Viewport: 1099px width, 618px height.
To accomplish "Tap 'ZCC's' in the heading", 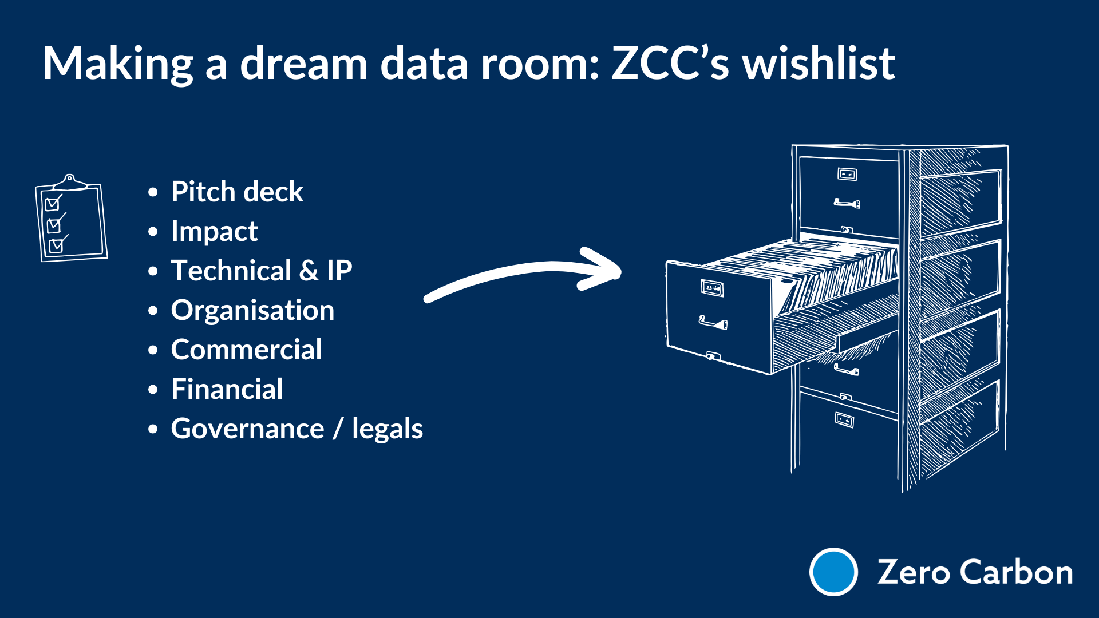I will pyautogui.click(x=670, y=63).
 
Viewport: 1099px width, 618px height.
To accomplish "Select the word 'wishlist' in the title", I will pyautogui.click(x=819, y=63).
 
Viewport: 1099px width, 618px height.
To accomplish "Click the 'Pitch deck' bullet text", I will pyautogui.click(x=237, y=192).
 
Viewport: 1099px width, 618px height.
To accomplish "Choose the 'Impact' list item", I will pyautogui.click(x=214, y=232).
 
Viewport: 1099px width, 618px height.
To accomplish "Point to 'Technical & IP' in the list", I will pyautogui.click(x=262, y=271).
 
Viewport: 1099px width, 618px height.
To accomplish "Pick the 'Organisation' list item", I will pyautogui.click(x=252, y=311).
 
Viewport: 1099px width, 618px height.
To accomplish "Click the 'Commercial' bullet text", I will pyautogui.click(x=246, y=350).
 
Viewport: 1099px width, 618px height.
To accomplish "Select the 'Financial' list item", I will pyautogui.click(x=227, y=390).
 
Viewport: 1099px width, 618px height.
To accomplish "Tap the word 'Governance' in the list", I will pyautogui.click(x=247, y=429).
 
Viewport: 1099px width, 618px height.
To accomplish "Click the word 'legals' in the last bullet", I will pyautogui.click(x=388, y=429).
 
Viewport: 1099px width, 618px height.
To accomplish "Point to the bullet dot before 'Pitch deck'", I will pyautogui.click(x=153, y=193).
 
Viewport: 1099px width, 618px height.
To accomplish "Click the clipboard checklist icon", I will pyautogui.click(x=71, y=219).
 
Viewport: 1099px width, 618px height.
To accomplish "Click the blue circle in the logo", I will pyautogui.click(x=833, y=572).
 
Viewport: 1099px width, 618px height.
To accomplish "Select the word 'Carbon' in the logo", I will pyautogui.click(x=1016, y=572).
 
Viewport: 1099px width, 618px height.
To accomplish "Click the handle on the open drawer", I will pyautogui.click(x=713, y=323).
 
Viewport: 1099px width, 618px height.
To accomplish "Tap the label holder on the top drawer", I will pyautogui.click(x=847, y=174).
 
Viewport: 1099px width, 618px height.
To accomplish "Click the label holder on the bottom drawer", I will pyautogui.click(x=844, y=420).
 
